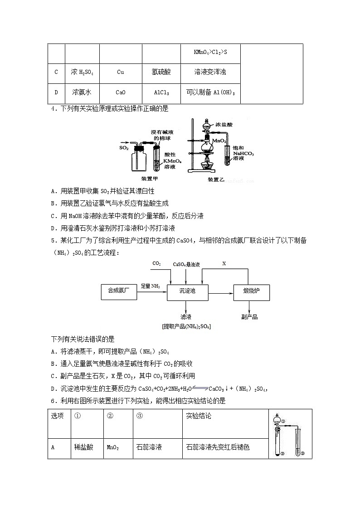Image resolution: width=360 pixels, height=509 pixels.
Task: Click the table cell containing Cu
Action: click(x=120, y=72)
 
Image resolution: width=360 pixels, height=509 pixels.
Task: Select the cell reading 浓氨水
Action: click(x=82, y=92)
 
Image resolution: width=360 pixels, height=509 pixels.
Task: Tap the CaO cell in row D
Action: click(x=120, y=92)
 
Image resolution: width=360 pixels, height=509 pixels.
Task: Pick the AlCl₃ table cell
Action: click(x=161, y=92)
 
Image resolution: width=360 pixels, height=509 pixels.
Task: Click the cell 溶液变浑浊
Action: click(x=209, y=72)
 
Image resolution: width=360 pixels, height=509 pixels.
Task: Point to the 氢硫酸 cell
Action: click(x=161, y=72)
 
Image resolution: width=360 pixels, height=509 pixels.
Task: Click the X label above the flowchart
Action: click(x=224, y=263)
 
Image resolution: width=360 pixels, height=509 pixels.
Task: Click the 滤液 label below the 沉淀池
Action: click(x=186, y=317)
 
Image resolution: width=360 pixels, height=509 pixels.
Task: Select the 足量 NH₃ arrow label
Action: click(x=151, y=286)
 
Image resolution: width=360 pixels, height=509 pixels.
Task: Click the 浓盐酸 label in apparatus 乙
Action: click(x=224, y=124)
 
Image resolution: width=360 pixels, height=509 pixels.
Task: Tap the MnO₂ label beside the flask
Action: click(x=219, y=141)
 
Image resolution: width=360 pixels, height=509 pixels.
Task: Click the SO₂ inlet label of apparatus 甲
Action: click(x=124, y=148)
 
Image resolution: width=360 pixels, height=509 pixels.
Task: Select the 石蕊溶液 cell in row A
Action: click(x=149, y=447)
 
